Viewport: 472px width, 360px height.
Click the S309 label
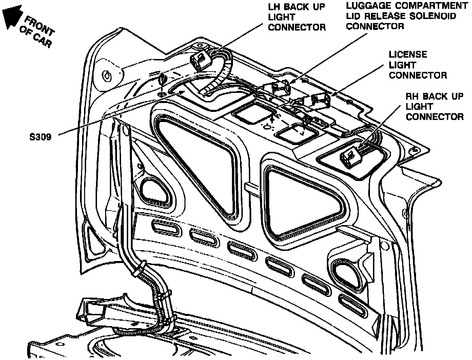[x=40, y=137]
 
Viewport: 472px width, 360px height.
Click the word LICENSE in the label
[x=408, y=55]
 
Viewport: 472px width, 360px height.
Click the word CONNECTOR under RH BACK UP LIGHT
[x=435, y=117]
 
